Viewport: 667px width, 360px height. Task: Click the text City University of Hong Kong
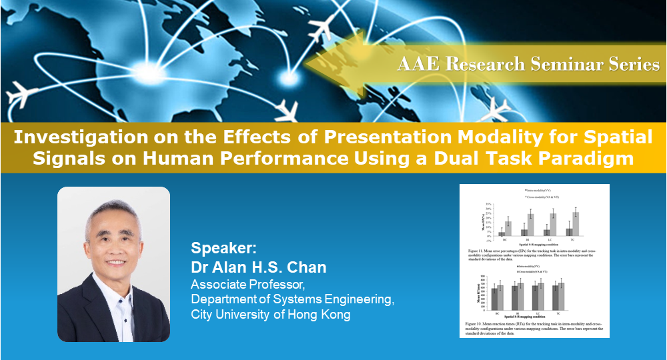(x=270, y=314)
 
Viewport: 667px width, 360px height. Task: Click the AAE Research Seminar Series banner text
(x=528, y=64)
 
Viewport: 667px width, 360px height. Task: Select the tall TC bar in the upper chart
(x=576, y=223)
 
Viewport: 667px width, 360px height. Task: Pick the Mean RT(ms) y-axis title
(x=478, y=294)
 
